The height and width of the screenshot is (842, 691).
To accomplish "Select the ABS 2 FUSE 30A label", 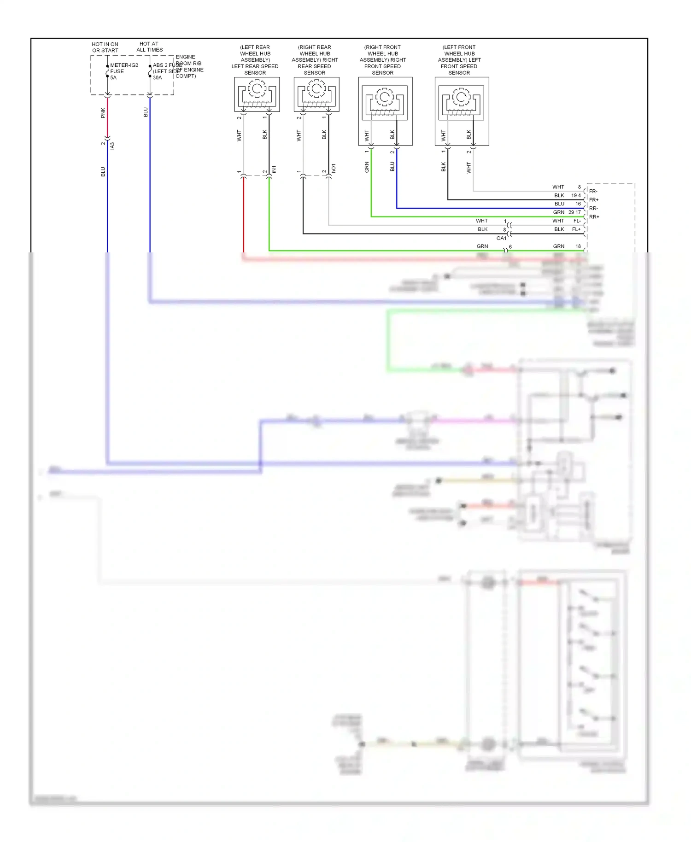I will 166,71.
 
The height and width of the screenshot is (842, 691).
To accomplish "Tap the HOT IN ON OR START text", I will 105,47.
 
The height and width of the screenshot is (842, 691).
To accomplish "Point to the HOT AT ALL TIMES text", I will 149,47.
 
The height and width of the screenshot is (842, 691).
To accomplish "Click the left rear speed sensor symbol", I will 257,94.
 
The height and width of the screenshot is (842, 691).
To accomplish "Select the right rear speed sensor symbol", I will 316,94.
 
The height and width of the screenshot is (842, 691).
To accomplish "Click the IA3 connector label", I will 112,146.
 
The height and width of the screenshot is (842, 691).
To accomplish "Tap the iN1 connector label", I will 274,170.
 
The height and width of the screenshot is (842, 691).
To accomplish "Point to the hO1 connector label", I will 334,168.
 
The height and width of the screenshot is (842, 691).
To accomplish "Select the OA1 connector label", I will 501,238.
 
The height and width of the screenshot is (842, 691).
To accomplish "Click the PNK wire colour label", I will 103,113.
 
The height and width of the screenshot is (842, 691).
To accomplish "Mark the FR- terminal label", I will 593,191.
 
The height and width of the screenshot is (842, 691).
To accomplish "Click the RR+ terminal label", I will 594,217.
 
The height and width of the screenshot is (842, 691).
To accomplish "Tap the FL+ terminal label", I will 576,229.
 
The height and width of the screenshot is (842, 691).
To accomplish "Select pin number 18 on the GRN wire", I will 578,246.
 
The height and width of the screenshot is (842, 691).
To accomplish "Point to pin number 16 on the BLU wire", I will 578,204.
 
